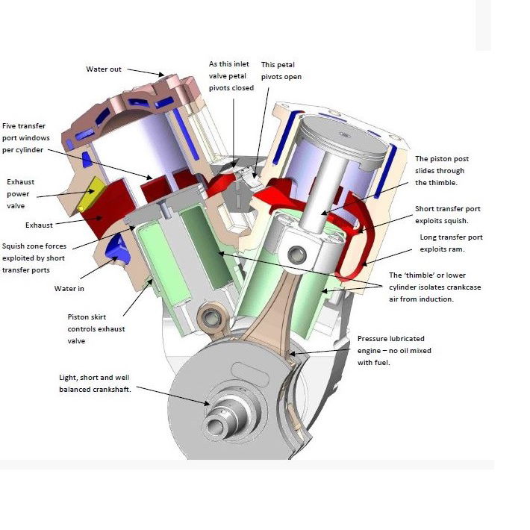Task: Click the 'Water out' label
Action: click(104, 69)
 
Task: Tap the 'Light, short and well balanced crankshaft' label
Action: click(98, 382)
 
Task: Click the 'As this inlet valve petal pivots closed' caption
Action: click(231, 76)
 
